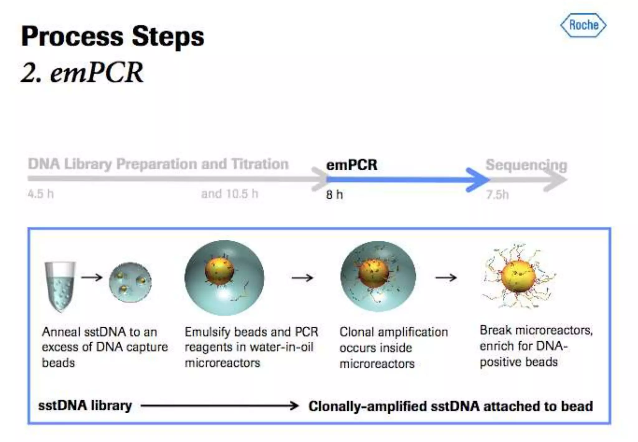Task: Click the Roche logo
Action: [583, 25]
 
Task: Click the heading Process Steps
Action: [112, 36]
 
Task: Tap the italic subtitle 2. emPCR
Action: [82, 72]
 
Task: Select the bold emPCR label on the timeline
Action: [352, 165]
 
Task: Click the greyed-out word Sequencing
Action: [526, 165]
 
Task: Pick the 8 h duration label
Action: [334, 195]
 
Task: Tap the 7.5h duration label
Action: [498, 195]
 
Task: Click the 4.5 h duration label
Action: [40, 194]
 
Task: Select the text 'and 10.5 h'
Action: [230, 194]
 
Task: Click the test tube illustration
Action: [60, 286]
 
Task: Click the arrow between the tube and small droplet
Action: [92, 277]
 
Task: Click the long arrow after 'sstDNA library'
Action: [220, 406]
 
